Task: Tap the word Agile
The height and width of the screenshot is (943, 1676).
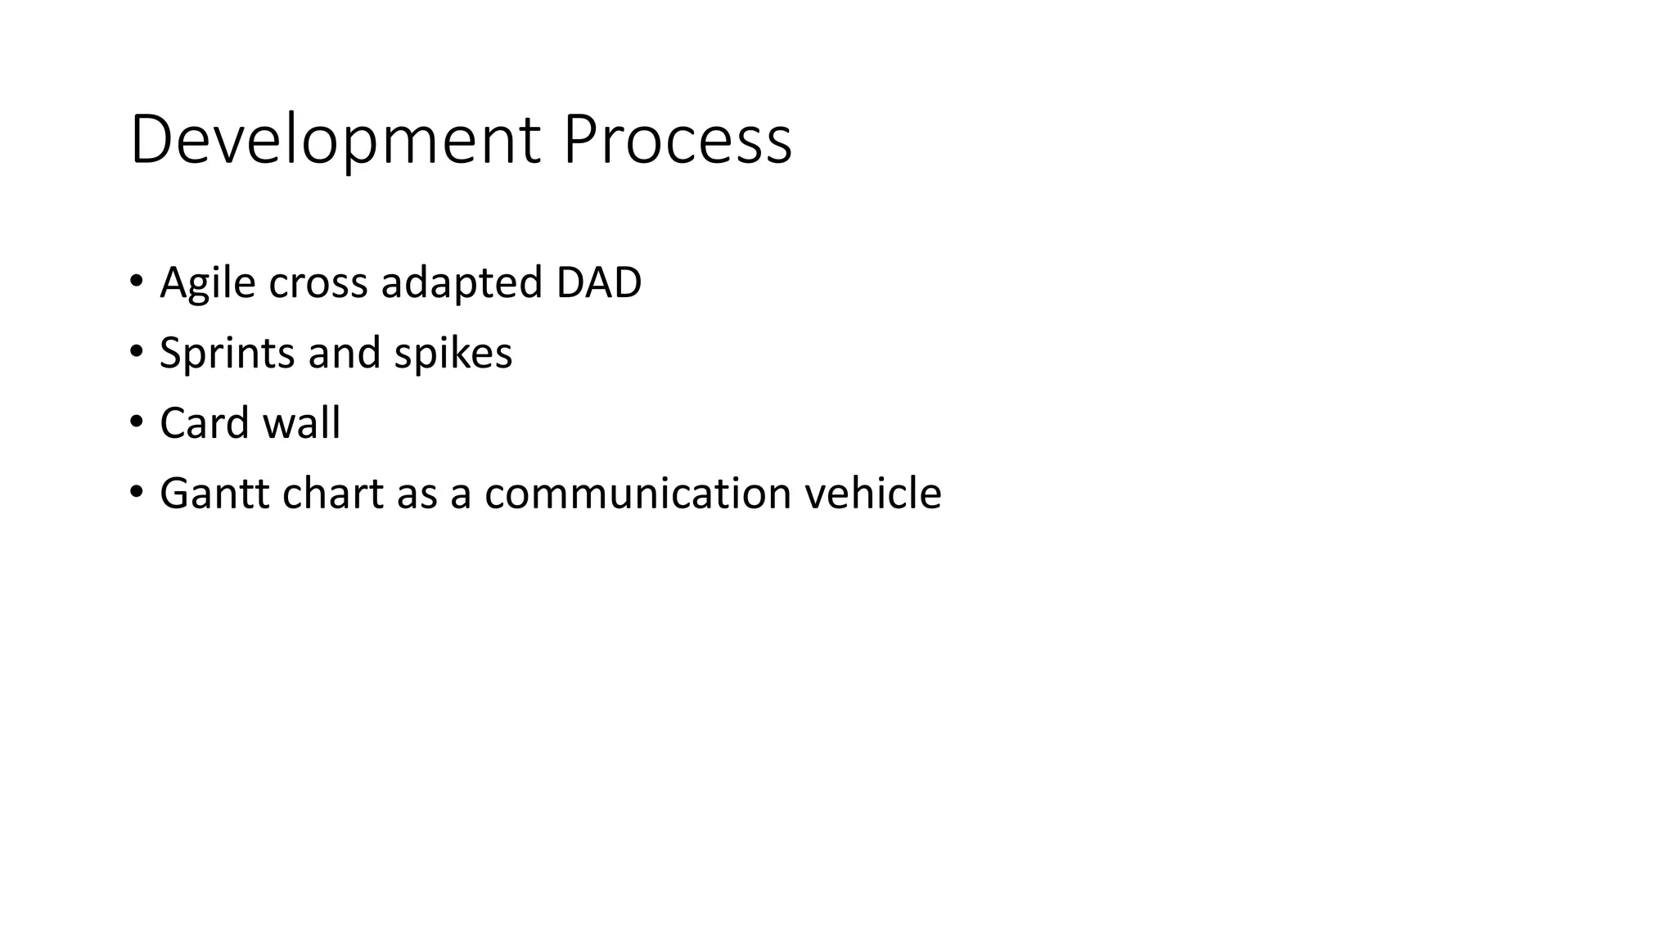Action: click(x=207, y=283)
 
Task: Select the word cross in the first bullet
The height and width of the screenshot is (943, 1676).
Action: click(x=318, y=283)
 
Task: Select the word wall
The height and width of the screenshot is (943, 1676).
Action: click(x=301, y=423)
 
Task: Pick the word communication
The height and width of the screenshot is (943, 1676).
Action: click(x=638, y=494)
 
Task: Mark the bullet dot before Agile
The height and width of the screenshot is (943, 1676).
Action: click(x=136, y=282)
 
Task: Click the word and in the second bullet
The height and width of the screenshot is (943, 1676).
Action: click(x=345, y=354)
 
